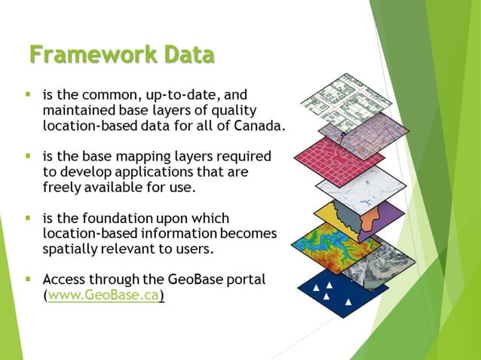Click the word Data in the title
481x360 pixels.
(184, 55)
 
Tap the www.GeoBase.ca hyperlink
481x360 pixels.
(104, 296)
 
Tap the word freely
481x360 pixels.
(64, 188)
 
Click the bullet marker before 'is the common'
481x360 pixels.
(27, 95)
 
